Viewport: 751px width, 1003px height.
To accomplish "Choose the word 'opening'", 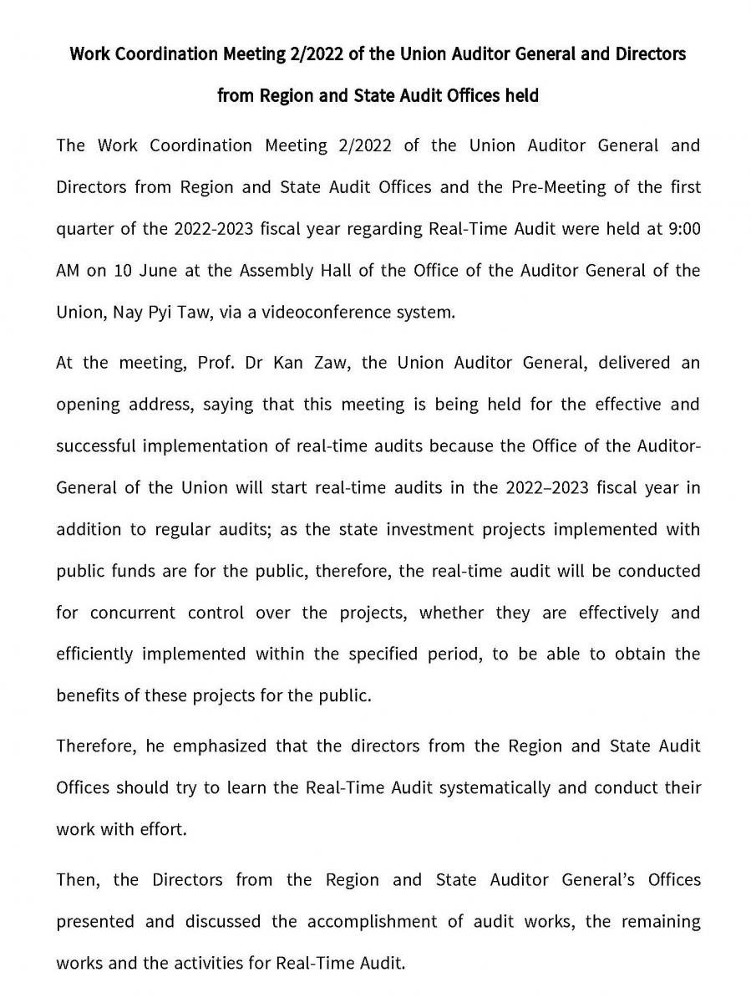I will click(87, 405).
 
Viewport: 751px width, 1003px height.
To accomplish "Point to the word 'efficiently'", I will click(94, 654).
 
